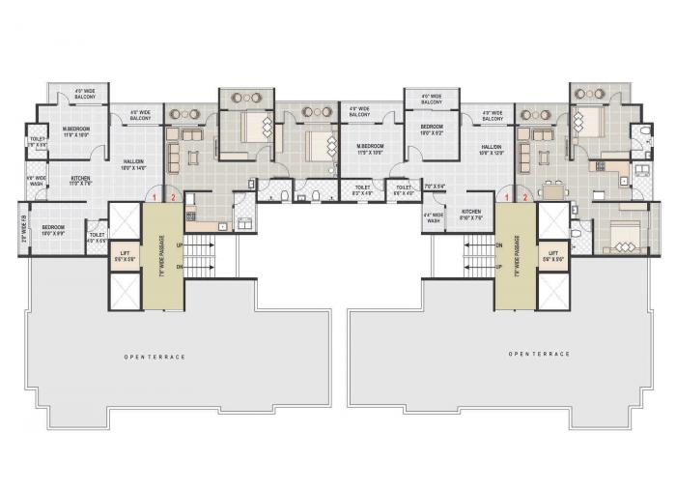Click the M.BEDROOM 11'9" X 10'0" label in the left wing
77,131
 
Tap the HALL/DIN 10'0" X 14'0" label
133,164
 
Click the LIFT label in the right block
551,256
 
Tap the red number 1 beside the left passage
154,197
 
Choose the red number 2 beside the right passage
524,197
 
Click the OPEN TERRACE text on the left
155,357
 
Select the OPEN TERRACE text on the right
539,354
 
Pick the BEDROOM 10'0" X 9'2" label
431,129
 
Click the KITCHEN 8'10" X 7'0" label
471,214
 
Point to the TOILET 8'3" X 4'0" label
362,189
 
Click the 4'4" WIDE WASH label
433,218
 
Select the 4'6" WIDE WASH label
36,181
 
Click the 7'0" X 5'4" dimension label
434,186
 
